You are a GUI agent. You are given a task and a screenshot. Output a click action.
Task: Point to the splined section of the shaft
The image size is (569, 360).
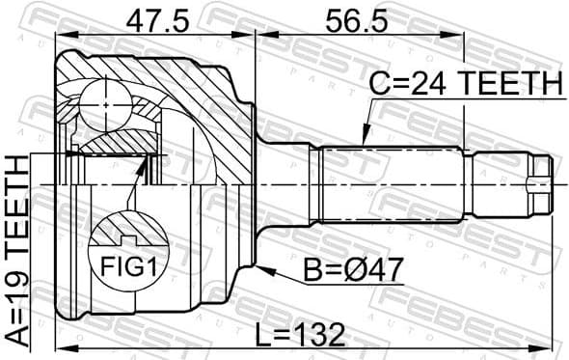(391, 182)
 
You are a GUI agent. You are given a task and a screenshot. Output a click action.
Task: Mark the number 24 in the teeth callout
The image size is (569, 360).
(421, 85)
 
